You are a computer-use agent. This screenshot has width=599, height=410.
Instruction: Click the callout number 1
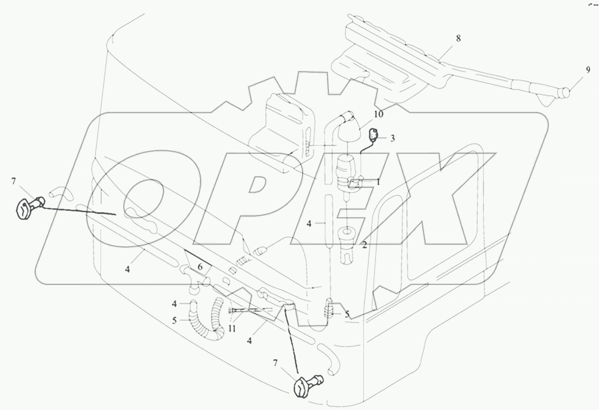pyautogui.click(x=378, y=181)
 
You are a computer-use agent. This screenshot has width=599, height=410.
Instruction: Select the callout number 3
pyautogui.click(x=393, y=138)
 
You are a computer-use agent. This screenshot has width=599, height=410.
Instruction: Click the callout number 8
pyautogui.click(x=458, y=38)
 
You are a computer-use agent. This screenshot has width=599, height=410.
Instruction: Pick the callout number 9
pyautogui.click(x=588, y=70)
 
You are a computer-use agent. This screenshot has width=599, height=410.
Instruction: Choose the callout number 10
pyautogui.click(x=378, y=114)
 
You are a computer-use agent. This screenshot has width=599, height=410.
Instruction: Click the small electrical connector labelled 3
pyautogui.click(x=375, y=136)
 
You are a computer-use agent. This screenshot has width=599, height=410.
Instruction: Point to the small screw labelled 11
pyautogui.click(x=238, y=310)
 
